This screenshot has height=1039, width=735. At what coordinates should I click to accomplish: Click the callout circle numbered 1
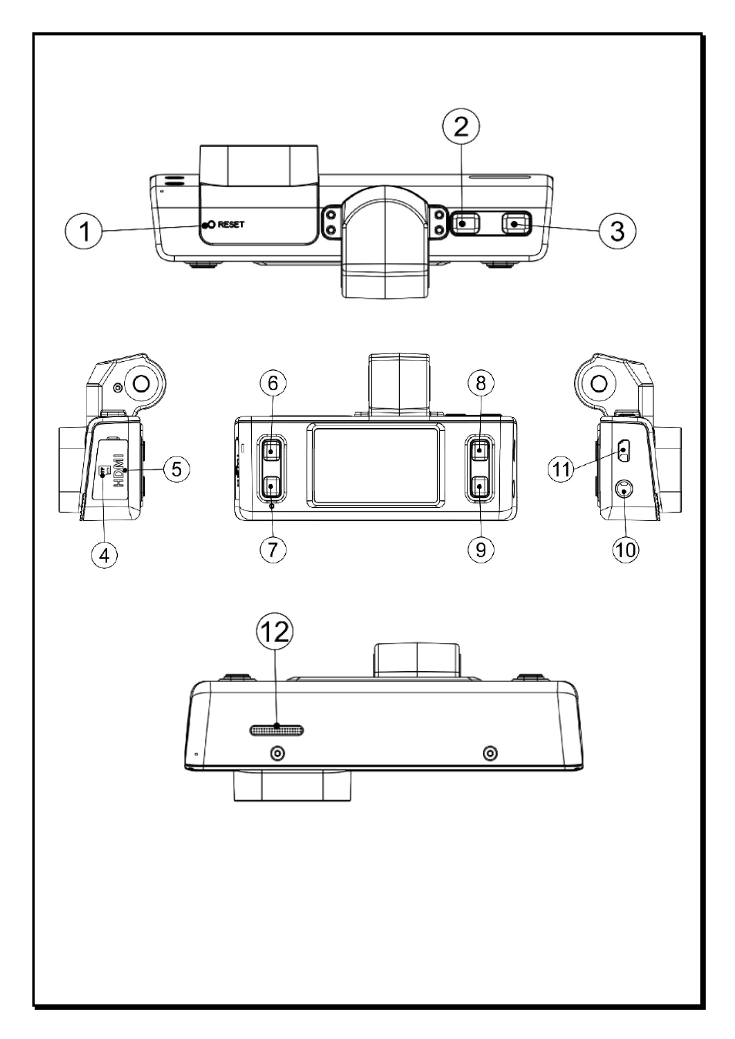tap(83, 231)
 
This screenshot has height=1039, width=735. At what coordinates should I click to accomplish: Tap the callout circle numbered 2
tap(461, 126)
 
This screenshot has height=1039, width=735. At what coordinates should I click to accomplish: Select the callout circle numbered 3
tap(617, 231)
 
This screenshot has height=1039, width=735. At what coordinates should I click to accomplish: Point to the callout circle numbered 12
tap(275, 631)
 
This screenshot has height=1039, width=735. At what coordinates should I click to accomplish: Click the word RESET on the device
tap(231, 225)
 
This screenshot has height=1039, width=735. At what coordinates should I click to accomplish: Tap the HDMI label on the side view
tap(119, 470)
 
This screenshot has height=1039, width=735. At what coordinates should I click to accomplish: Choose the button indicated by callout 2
tap(465, 223)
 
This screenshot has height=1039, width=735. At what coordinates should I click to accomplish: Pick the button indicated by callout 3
tap(515, 223)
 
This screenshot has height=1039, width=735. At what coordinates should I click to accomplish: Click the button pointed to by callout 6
tap(272, 449)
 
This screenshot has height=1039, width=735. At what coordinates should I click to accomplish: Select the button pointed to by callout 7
tap(272, 487)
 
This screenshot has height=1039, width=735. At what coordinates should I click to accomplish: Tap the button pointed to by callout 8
tap(480, 449)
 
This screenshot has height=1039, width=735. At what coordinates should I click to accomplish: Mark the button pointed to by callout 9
tap(480, 487)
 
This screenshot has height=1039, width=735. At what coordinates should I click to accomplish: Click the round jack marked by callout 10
tap(625, 489)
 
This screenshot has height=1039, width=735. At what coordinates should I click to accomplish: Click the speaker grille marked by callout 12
tap(277, 730)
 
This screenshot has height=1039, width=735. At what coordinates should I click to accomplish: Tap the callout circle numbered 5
tap(176, 469)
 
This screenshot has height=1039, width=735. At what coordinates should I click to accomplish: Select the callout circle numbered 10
tap(626, 550)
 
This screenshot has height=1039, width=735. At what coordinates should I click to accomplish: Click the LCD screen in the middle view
tap(376, 465)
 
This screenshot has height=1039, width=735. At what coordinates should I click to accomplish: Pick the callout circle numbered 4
tap(105, 555)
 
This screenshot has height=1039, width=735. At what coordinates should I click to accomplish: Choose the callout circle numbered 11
tap(561, 469)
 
